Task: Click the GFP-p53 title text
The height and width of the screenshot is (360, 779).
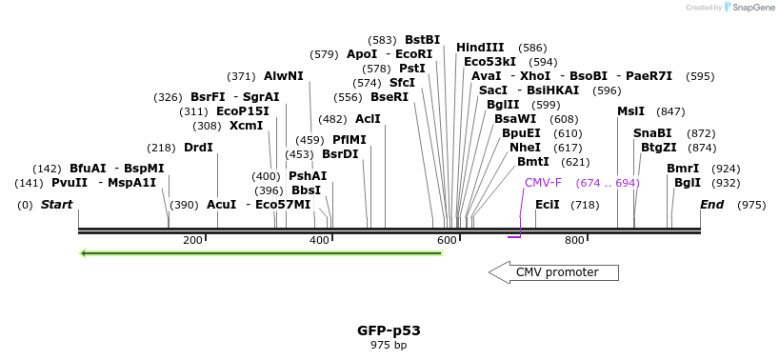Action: [x=389, y=330]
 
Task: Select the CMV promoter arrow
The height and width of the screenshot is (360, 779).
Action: [x=553, y=273]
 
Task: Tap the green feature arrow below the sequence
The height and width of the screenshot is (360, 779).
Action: [x=261, y=253]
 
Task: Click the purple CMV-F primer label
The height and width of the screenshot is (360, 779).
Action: [x=543, y=182]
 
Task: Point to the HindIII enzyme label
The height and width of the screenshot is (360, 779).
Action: [x=480, y=47]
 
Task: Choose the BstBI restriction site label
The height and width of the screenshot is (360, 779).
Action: [x=422, y=40]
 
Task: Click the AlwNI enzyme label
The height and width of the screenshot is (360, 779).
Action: [x=284, y=76]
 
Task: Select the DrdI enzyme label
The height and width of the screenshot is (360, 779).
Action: [x=198, y=148]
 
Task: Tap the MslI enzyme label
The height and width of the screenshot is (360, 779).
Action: [x=630, y=111]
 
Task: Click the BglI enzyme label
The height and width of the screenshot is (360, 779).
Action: [x=687, y=183]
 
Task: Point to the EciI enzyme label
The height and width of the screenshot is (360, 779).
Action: [x=548, y=205]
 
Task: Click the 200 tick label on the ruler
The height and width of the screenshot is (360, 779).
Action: [x=192, y=240]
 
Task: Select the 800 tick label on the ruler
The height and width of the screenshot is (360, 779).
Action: [x=574, y=240]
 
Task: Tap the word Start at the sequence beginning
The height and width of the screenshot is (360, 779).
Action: [x=56, y=205]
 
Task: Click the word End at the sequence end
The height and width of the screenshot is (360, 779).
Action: [x=711, y=205]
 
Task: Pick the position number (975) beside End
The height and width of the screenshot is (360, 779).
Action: [x=751, y=205]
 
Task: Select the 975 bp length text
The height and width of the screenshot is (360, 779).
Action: [x=389, y=345]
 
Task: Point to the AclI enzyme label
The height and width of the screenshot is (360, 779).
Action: [x=368, y=119]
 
